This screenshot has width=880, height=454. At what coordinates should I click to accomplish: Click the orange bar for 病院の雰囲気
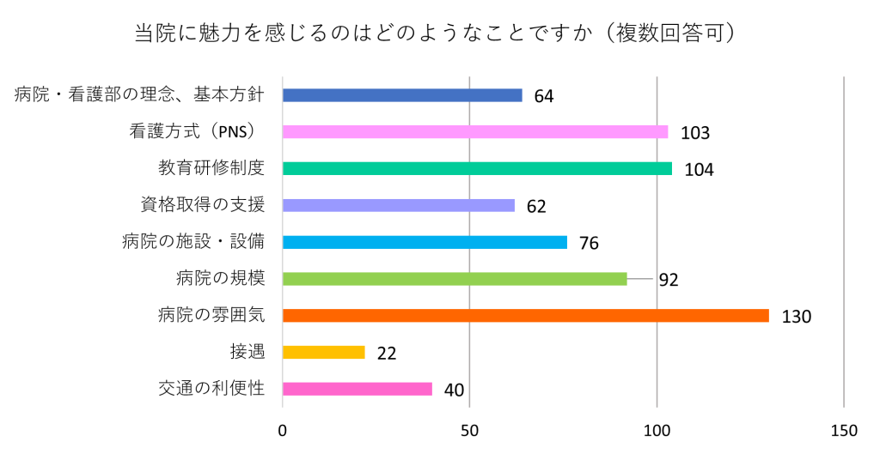[x=526, y=316]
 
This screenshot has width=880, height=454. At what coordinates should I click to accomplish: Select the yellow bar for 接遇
[x=324, y=352]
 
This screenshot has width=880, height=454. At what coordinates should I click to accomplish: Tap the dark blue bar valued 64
[x=402, y=95]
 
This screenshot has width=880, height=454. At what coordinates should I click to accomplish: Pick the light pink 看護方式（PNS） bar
[x=475, y=131]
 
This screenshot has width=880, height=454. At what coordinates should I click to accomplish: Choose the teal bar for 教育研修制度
[x=477, y=169]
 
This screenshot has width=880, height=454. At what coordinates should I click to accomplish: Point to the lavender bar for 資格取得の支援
[x=399, y=206]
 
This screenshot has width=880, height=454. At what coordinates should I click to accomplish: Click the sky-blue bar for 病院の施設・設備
[x=425, y=242]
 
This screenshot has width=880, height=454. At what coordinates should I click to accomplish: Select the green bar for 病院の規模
[x=455, y=279]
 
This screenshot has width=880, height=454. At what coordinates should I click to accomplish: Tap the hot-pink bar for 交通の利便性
[x=357, y=389]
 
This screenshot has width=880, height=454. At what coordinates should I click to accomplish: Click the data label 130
[x=797, y=317]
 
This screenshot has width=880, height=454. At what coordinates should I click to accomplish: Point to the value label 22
[x=387, y=353]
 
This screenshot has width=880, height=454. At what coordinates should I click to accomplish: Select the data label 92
[x=669, y=280]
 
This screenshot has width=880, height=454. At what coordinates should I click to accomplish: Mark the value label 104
[x=699, y=169]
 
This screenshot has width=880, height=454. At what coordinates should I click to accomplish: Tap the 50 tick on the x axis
[x=470, y=431]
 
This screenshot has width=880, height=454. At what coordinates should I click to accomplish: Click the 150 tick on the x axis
[x=844, y=431]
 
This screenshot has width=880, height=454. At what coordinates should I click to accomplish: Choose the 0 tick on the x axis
[x=282, y=431]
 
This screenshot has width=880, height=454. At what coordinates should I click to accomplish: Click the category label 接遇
[x=247, y=352]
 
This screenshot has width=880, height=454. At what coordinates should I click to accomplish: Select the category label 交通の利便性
[x=211, y=389]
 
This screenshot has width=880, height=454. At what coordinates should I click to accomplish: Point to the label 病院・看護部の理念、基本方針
[x=139, y=94]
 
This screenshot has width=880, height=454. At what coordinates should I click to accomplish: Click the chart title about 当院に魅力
[x=435, y=33]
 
